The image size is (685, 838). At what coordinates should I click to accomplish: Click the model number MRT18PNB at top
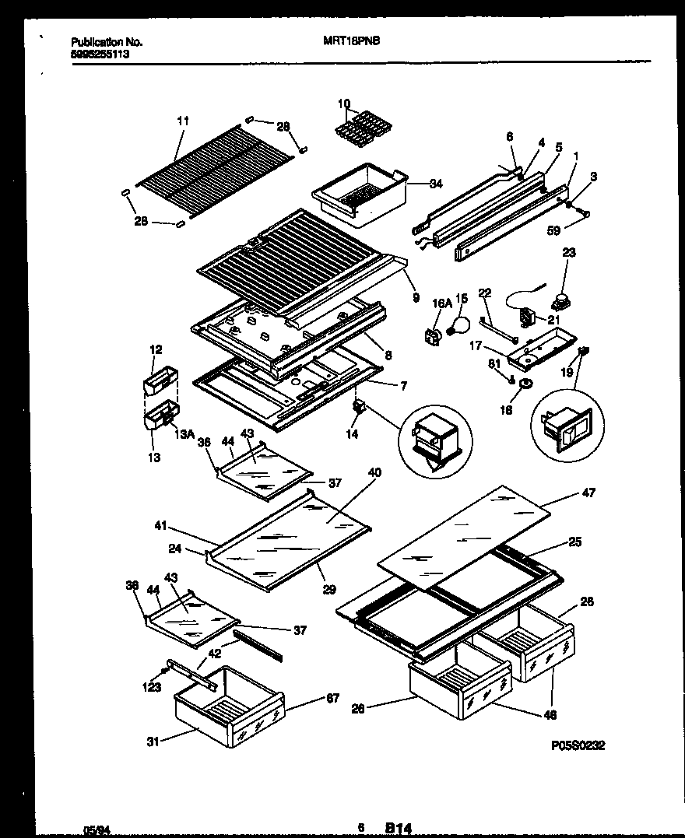(x=350, y=44)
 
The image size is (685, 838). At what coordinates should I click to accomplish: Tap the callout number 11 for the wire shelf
(x=183, y=121)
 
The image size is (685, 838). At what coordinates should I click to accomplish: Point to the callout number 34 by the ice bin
(x=436, y=184)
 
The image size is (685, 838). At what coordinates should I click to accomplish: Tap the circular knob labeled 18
(x=524, y=384)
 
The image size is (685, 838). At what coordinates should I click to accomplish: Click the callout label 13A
(x=184, y=435)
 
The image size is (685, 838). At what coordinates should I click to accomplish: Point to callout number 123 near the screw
(x=152, y=687)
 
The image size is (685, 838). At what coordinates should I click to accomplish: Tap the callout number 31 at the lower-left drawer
(x=153, y=742)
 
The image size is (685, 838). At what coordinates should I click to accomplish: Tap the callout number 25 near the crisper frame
(x=575, y=542)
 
